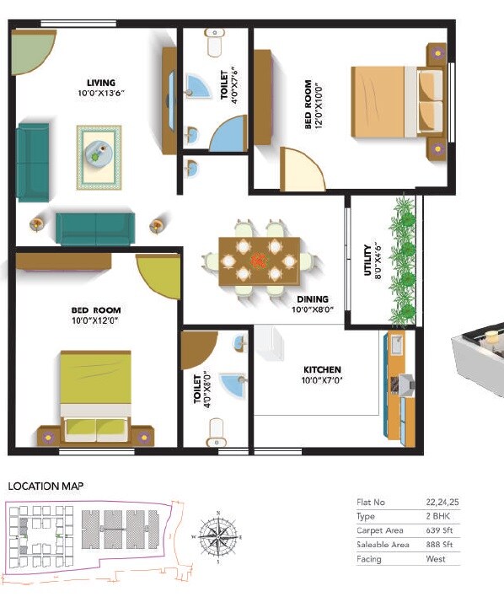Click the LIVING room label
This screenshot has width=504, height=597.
(100, 83)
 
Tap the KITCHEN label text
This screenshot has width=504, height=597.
(322, 369)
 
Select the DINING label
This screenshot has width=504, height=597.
(312, 299)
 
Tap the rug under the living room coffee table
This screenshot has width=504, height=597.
(99, 157)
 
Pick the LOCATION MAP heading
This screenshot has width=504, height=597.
(46, 486)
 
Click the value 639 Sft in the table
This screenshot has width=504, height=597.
(440, 530)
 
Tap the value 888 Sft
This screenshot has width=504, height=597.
(440, 545)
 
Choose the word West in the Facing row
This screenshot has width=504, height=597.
(437, 559)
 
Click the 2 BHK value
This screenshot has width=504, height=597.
(438, 516)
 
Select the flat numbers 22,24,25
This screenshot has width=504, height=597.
(441, 502)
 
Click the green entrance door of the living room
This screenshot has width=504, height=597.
(32, 51)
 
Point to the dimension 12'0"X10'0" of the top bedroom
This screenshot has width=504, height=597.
(319, 105)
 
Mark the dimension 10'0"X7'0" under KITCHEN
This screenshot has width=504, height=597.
(322, 380)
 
